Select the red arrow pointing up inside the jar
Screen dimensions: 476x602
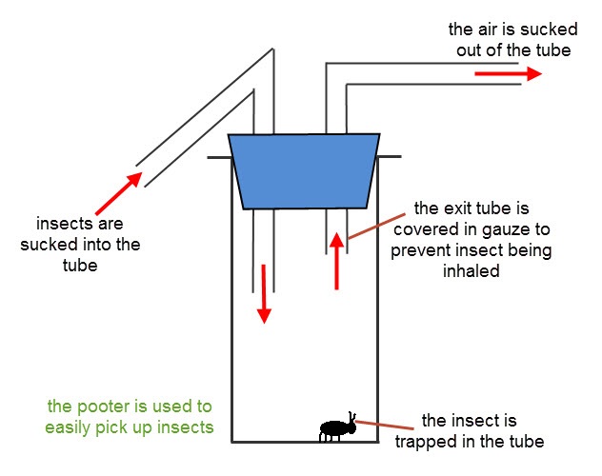click(x=336, y=259)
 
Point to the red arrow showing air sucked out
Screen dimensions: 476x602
click(x=513, y=74)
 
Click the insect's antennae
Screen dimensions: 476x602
click(x=352, y=416)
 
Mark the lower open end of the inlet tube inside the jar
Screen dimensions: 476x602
click(x=263, y=291)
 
